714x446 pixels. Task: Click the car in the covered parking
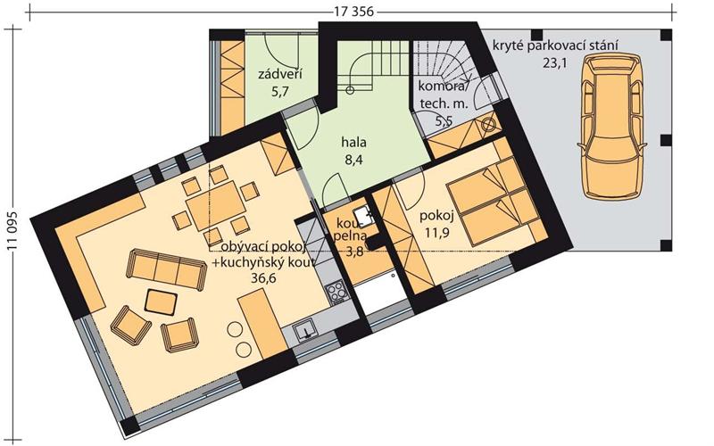click(612, 126)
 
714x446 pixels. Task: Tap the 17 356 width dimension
click(353, 12)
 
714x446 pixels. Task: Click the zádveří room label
click(280, 74)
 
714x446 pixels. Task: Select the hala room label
click(353, 143)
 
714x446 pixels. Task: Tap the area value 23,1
click(554, 63)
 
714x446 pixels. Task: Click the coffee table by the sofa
click(161, 302)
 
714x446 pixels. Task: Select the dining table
click(216, 206)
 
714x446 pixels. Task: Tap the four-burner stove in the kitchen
click(336, 293)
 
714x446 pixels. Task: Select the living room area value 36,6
click(263, 277)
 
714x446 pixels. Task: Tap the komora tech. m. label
click(443, 95)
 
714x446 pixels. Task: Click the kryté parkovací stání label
click(555, 46)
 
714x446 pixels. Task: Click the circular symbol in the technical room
click(487, 124)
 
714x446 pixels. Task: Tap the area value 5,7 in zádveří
click(280, 92)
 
